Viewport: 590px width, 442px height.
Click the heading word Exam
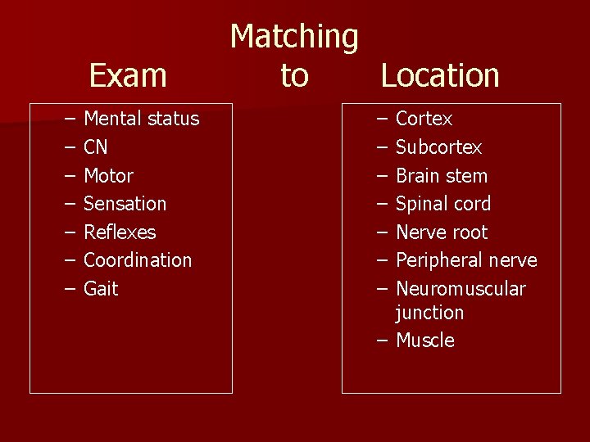coord(128,75)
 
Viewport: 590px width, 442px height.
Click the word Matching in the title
coord(294,37)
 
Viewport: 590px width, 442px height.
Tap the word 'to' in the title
coord(294,75)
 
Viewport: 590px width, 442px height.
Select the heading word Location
coord(440,75)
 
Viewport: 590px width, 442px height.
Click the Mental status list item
coord(141,119)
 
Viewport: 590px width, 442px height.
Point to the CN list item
coord(96,147)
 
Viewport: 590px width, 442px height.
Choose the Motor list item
coord(108,176)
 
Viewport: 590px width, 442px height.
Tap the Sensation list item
coord(125,204)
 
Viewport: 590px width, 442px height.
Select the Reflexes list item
coord(120,232)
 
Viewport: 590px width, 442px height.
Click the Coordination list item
coord(138,260)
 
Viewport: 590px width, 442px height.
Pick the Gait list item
coord(101,289)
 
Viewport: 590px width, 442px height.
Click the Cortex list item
coord(424,119)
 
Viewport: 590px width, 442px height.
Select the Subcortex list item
coord(438,147)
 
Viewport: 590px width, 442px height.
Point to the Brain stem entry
coord(442,176)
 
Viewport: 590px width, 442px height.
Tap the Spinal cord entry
coord(443,204)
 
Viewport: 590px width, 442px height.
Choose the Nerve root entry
coord(442,232)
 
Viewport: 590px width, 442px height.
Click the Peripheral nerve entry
coord(466,260)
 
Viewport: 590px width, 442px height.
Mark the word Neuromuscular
coord(461,289)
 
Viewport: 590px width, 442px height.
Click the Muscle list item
coord(424,341)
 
